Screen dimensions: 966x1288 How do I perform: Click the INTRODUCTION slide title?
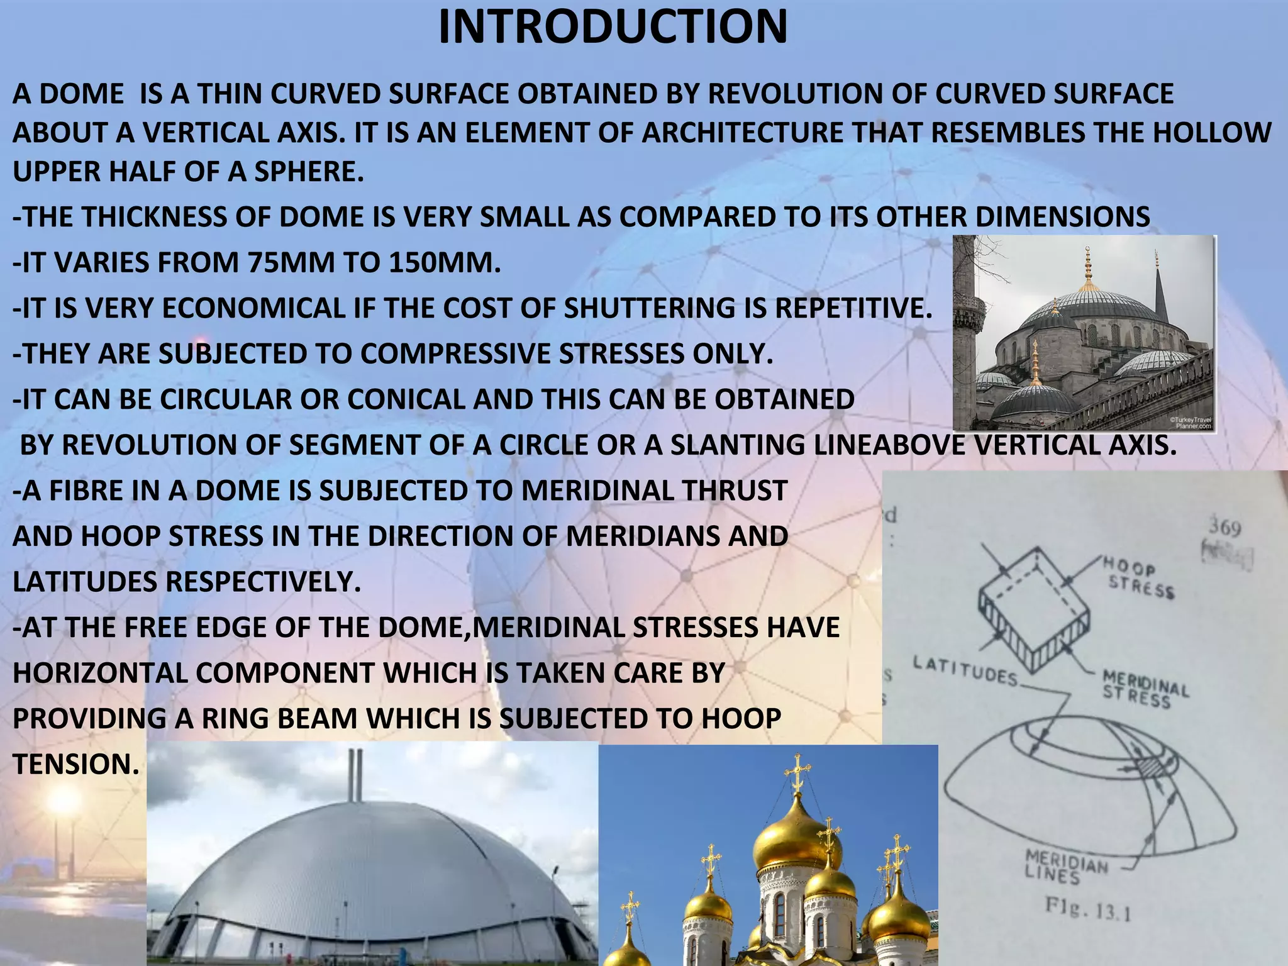tap(613, 27)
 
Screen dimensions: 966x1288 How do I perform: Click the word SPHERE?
tap(308, 172)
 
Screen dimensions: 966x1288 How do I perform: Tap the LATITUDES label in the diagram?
tap(965, 670)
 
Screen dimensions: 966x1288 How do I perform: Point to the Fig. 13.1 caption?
tap(1088, 909)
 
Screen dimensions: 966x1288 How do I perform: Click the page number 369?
tap(1224, 528)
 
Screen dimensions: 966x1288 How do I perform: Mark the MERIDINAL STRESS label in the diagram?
tap(1145, 689)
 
